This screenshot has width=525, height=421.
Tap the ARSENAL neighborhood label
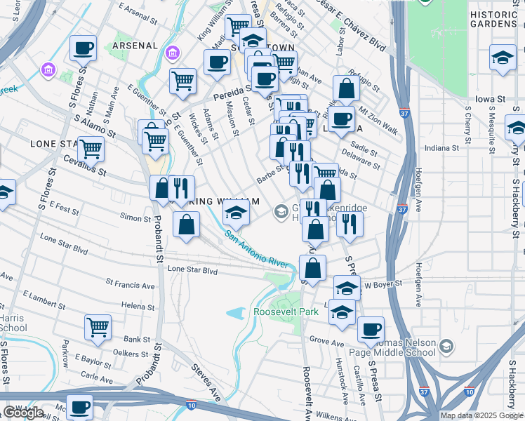(134, 46)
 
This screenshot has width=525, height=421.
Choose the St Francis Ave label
(130, 286)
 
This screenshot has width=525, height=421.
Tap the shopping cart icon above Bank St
(98, 326)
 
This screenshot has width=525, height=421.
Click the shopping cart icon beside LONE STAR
(91, 149)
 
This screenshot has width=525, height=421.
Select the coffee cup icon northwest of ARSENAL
(84, 48)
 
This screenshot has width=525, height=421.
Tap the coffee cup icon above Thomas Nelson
(370, 328)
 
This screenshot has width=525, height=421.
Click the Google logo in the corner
(22, 412)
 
